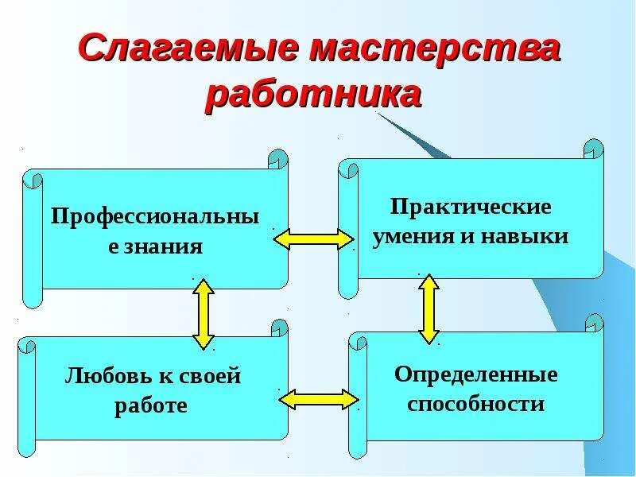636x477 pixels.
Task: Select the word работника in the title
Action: click(x=313, y=95)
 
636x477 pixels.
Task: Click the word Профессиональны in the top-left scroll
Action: click(x=155, y=216)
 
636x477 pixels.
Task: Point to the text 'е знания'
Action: click(x=155, y=246)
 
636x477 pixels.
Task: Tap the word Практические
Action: click(x=471, y=207)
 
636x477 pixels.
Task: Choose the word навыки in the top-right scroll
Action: click(x=529, y=236)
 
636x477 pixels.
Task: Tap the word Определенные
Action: click(x=475, y=374)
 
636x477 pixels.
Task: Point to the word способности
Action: click(x=475, y=404)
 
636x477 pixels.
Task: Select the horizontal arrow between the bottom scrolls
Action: click(x=318, y=398)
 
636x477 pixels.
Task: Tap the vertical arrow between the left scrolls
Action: click(x=204, y=313)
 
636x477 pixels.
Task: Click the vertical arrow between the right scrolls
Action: click(x=429, y=308)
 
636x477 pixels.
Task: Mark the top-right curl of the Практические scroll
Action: click(x=594, y=149)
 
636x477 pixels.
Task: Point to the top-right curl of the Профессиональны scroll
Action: click(x=277, y=158)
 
